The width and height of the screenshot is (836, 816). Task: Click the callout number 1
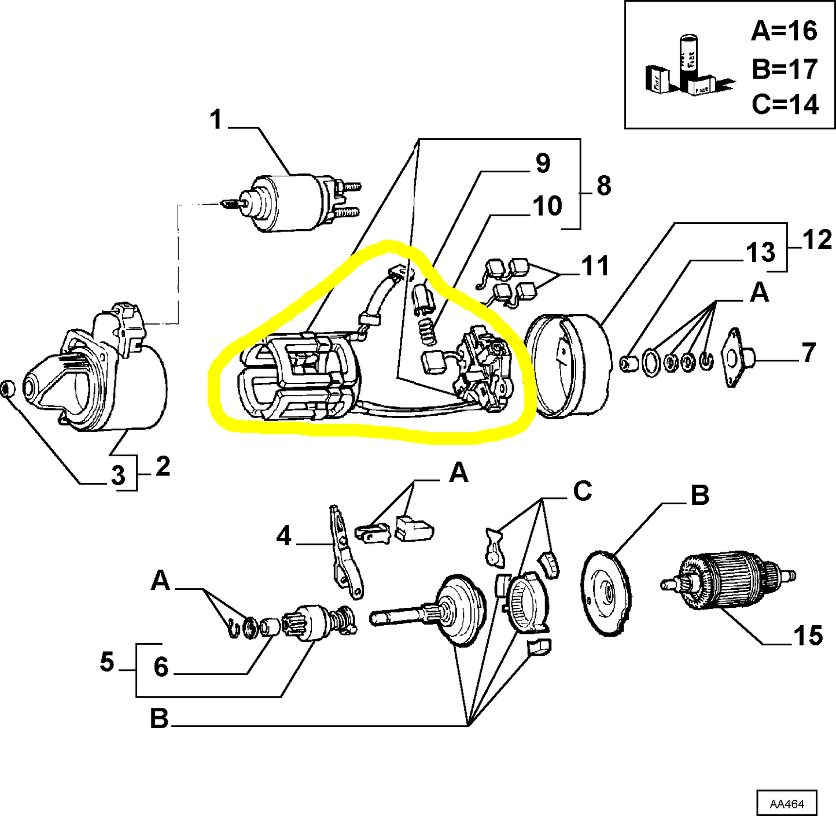tap(216, 120)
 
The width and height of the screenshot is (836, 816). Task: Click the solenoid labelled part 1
tap(289, 202)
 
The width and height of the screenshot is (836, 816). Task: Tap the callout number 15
tap(808, 636)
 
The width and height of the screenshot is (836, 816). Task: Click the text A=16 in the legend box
tap(784, 31)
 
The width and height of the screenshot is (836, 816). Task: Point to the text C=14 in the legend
tap(785, 105)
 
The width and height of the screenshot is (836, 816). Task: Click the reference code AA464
tap(786, 804)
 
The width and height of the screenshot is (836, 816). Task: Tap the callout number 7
tap(809, 353)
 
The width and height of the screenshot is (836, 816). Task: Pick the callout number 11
tap(595, 266)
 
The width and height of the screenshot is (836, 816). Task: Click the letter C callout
tap(583, 491)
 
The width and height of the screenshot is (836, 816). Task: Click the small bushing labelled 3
tap(7, 389)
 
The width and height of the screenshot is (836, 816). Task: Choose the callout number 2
tap(163, 466)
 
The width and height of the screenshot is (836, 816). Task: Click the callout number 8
tap(603, 186)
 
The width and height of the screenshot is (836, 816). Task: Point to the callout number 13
tap(760, 253)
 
